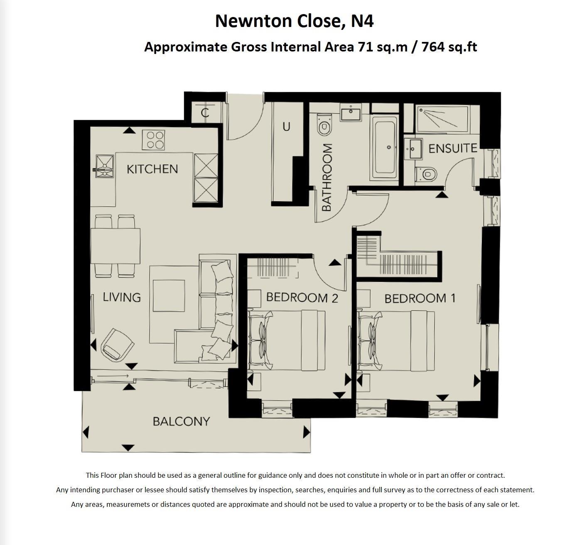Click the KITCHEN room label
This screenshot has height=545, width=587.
[x=152, y=169]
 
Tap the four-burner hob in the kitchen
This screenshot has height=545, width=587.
[x=153, y=140]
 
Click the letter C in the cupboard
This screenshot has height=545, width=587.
[x=204, y=112]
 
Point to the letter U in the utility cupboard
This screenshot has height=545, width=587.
[x=286, y=127]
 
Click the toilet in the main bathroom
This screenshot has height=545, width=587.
[x=324, y=125]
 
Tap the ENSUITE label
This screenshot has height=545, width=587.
[x=452, y=148]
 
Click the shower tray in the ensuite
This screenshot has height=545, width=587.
[x=443, y=118]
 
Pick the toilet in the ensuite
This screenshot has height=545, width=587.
[x=427, y=174]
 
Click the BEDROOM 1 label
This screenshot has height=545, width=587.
[x=420, y=298]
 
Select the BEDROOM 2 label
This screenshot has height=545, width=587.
[x=302, y=297]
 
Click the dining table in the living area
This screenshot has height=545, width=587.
[x=115, y=246]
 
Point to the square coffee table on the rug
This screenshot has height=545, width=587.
[x=169, y=296]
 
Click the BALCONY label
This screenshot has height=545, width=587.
[x=181, y=422]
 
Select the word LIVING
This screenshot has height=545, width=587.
[x=122, y=297]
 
